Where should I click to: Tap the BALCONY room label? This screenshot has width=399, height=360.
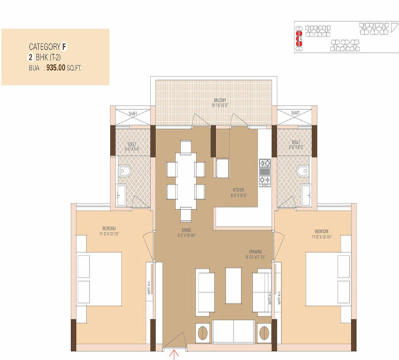pyautogui.click(x=219, y=100)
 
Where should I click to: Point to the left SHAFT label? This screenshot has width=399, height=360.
pyautogui.click(x=132, y=113)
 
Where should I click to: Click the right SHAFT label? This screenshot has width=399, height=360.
pyautogui.click(x=295, y=113)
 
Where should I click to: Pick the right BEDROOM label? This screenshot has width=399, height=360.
pyautogui.click(x=322, y=231)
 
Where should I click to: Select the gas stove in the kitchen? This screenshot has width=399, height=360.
pyautogui.click(x=264, y=171)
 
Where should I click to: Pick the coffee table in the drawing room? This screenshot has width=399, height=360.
pyautogui.click(x=233, y=284)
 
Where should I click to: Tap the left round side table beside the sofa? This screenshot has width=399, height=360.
pyautogui.click(x=202, y=332)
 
